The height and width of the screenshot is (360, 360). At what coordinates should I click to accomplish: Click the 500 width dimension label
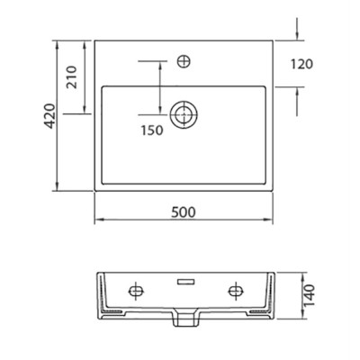point(184,212)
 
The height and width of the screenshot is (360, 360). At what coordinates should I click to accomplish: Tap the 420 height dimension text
point(50,116)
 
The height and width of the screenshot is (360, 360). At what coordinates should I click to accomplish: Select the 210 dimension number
point(72,77)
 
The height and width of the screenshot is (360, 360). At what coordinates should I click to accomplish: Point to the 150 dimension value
point(152,130)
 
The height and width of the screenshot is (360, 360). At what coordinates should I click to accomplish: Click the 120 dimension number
point(301,64)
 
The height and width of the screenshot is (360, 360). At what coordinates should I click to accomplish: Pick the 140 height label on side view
point(310,295)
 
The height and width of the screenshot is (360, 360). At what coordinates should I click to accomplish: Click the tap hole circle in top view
point(184,61)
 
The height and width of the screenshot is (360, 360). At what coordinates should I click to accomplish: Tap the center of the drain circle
point(184,114)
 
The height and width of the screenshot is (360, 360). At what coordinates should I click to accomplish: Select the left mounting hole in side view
point(136,291)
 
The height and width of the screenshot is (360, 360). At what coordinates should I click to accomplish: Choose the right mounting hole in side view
point(236,291)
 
